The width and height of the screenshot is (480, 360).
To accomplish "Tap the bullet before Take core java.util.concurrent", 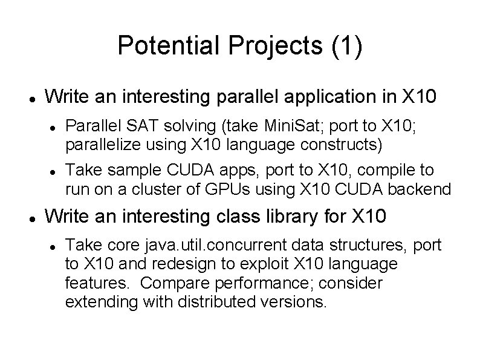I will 53,245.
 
